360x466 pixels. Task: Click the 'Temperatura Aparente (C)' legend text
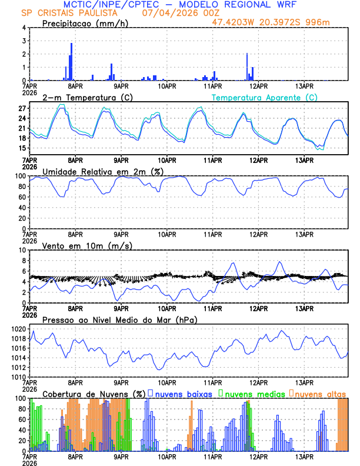[265, 97]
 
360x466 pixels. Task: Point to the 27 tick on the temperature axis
[22, 109]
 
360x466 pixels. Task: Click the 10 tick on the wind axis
[22, 250]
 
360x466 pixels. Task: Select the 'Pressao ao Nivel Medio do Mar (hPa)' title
[119, 319]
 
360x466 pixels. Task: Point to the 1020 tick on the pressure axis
[18, 329]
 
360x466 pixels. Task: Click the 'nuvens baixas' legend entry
[183, 394]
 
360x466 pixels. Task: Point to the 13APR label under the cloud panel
[304, 456]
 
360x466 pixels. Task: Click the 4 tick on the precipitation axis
[24, 28]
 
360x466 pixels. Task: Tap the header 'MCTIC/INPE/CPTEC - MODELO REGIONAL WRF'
[180, 4]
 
